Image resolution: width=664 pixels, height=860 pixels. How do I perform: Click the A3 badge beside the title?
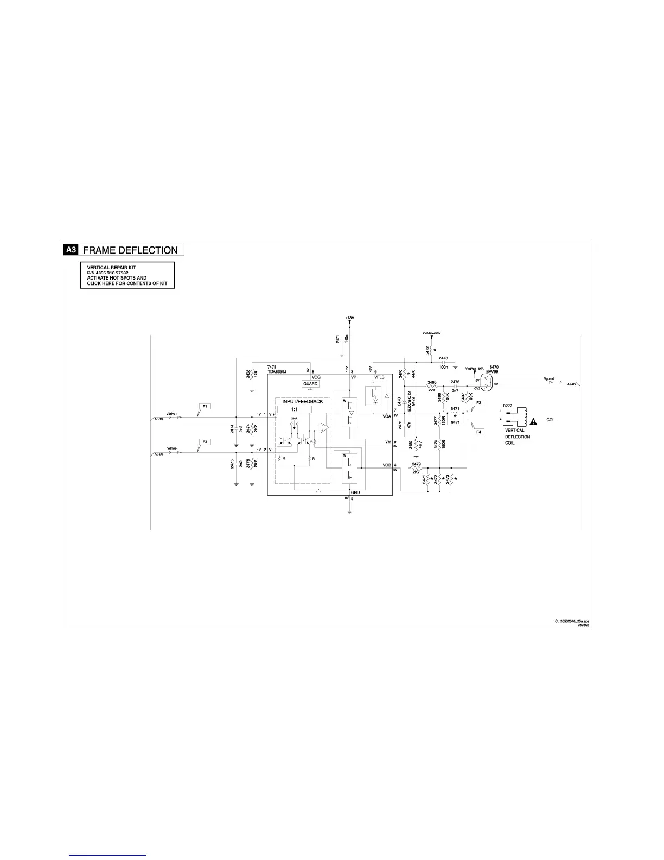[71, 250]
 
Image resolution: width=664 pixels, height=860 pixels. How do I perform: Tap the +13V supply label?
[349, 318]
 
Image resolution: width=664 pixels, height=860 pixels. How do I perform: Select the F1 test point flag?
[206, 406]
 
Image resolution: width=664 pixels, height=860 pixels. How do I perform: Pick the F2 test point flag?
[205, 442]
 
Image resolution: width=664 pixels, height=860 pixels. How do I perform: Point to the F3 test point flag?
[479, 402]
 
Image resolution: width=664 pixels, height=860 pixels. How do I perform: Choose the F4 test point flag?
[479, 432]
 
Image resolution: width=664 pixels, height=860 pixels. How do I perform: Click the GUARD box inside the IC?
[310, 383]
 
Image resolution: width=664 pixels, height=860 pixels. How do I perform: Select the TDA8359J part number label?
[277, 372]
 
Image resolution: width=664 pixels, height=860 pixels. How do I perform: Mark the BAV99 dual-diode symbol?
[483, 384]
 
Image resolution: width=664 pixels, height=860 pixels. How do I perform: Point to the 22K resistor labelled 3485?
[432, 388]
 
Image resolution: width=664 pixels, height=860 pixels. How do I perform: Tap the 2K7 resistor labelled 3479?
[416, 467]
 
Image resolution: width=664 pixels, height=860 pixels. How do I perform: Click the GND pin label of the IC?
[355, 492]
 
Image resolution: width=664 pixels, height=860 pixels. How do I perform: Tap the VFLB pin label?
[379, 377]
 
